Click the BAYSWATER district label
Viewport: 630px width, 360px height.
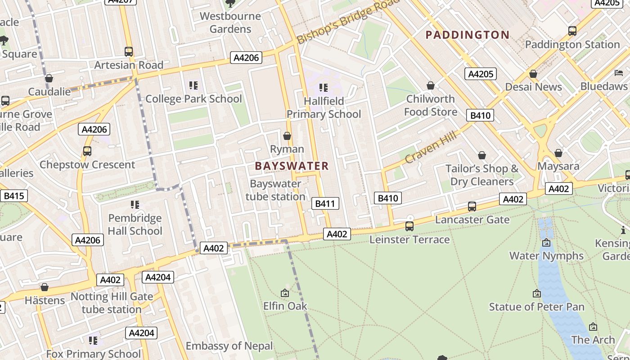pos(292,166)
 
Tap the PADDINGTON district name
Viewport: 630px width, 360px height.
pos(468,35)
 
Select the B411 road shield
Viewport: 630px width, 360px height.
pos(325,203)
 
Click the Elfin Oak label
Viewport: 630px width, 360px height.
pos(285,306)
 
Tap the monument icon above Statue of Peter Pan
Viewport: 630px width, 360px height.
pos(536,293)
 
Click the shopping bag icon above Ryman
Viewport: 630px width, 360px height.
pos(287,136)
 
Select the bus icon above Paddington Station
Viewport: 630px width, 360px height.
pos(572,31)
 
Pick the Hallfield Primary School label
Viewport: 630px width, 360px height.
pos(324,108)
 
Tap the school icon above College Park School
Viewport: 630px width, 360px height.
pos(193,85)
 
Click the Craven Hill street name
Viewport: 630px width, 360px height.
pos(431,148)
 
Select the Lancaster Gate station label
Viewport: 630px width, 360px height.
pos(472,220)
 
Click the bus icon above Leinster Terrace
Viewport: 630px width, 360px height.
pos(409,226)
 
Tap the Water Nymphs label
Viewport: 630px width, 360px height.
pos(546,256)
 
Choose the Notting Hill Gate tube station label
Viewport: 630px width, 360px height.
pos(112,303)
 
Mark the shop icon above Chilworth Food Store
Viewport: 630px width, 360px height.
pos(430,85)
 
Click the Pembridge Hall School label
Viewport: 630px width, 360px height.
pos(135,225)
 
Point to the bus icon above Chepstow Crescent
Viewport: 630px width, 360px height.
pos(87,151)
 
